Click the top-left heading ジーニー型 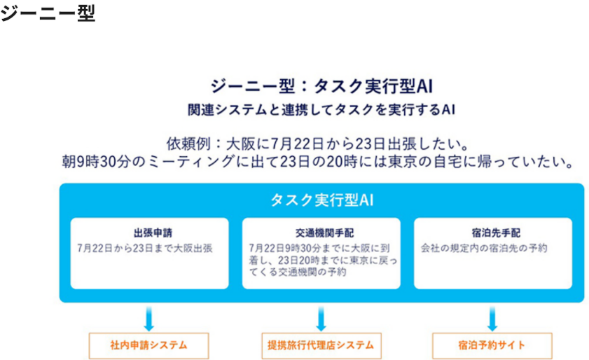click(48, 13)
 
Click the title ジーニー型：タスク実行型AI click(321, 86)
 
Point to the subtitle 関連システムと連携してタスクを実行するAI click(321, 110)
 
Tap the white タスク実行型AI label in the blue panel click(322, 200)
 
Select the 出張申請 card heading click(153, 233)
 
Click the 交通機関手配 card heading click(324, 233)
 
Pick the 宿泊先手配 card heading click(496, 233)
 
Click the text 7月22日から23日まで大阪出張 click(145, 248)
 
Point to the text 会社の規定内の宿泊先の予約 click(484, 248)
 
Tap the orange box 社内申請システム click(148, 345)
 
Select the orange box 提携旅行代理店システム click(321, 345)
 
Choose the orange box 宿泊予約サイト click(492, 345)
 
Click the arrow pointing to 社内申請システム click(148, 319)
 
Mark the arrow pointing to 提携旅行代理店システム click(321, 319)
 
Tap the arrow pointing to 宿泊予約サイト click(492, 319)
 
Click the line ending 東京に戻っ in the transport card click(323, 260)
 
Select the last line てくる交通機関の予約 click(298, 272)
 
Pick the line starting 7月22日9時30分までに click(319, 248)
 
